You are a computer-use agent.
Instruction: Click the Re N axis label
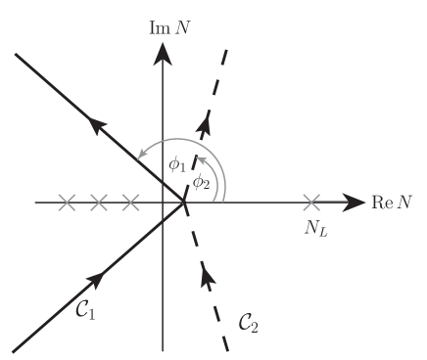point(396,203)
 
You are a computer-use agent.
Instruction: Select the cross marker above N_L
point(312,203)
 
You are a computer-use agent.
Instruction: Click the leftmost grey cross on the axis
point(67,203)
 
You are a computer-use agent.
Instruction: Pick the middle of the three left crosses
point(98,203)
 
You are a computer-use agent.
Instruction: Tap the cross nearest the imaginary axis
point(130,203)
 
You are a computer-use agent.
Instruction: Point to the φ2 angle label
point(200,181)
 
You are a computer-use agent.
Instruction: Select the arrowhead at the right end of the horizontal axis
point(351,203)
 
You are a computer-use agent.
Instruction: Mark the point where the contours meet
point(184,203)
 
